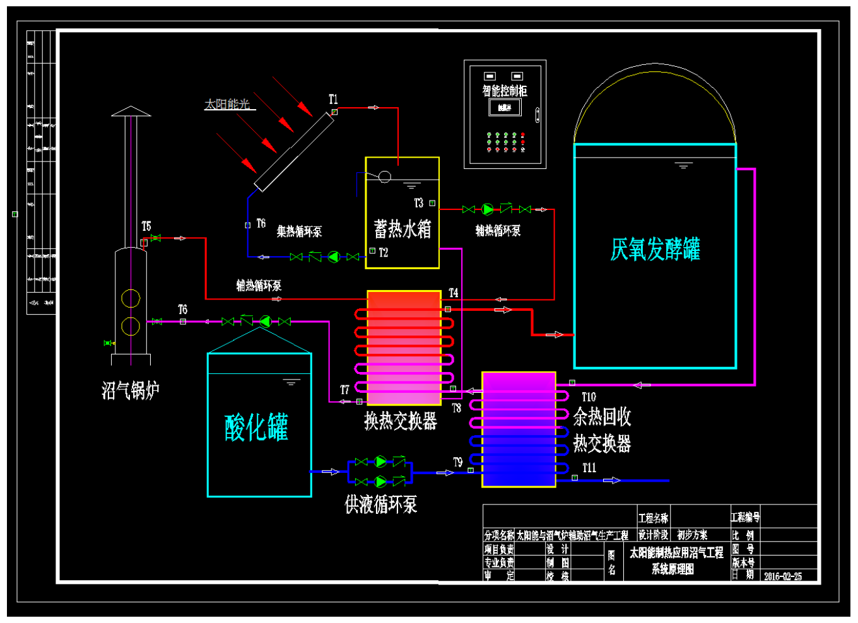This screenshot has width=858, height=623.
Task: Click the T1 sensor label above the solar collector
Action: (x=333, y=100)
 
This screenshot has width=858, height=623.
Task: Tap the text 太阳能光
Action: (x=228, y=104)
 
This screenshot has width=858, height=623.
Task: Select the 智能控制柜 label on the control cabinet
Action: (x=505, y=91)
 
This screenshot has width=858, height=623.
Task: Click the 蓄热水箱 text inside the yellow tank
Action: (x=403, y=229)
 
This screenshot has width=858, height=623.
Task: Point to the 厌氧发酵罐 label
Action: (x=655, y=249)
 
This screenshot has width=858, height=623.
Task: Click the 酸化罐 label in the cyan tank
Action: (x=256, y=428)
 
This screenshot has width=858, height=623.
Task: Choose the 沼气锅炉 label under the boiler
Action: (x=131, y=390)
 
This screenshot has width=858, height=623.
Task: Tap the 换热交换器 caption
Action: (x=401, y=421)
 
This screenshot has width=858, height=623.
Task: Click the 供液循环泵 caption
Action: (x=380, y=504)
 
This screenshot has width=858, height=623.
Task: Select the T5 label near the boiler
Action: (x=146, y=226)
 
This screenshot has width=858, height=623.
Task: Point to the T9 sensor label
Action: (x=457, y=462)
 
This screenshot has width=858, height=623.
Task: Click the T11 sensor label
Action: (x=589, y=468)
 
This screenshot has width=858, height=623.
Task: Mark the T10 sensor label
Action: (x=589, y=397)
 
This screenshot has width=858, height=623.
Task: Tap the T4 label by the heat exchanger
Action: (x=454, y=293)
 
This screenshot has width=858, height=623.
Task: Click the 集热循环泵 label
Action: (x=299, y=231)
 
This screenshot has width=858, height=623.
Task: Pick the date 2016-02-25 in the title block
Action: (x=783, y=576)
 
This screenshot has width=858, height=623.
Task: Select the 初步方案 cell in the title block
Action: (x=692, y=535)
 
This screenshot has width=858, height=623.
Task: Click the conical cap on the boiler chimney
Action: (x=131, y=112)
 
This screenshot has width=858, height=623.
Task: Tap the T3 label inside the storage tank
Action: (x=418, y=203)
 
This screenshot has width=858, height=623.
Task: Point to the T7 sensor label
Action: (x=344, y=390)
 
